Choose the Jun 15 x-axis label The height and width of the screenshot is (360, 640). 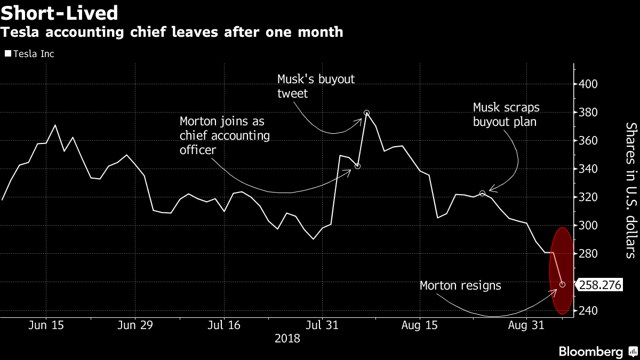tap(46, 325)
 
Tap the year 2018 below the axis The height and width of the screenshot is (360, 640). tap(287, 338)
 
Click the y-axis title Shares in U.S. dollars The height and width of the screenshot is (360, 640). tap(631, 190)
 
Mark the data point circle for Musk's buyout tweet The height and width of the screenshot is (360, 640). tap(366, 113)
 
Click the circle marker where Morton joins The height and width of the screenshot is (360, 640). tap(357, 166)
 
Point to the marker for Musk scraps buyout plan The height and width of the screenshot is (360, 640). tap(482, 194)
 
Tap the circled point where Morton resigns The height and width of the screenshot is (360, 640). tap(562, 285)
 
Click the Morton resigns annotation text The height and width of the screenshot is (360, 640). tap(460, 285)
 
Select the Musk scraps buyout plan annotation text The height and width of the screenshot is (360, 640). tap(506, 115)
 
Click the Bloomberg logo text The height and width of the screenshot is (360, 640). tap(590, 351)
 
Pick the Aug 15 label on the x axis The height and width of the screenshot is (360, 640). tap(420, 325)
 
